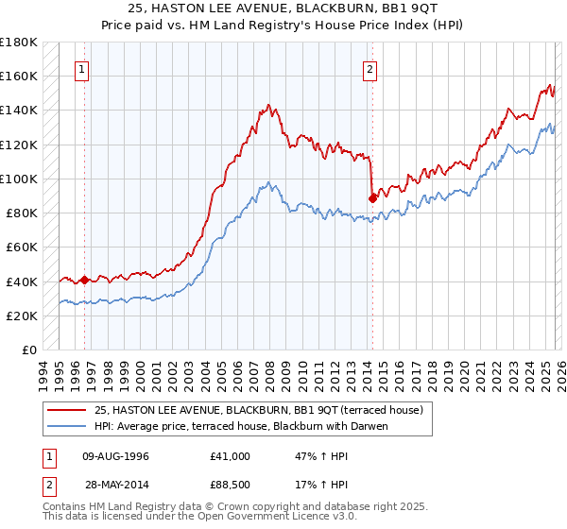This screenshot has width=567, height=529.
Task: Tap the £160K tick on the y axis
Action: [19, 76]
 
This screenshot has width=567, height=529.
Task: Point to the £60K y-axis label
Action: [21, 247]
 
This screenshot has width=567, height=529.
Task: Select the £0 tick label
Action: [29, 350]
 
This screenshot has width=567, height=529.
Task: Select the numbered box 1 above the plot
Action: [82, 69]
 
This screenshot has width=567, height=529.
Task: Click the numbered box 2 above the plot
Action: [369, 69]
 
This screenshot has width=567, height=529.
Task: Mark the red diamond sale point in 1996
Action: [84, 280]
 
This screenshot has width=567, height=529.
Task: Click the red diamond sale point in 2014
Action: [372, 197]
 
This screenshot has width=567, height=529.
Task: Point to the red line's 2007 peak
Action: [268, 105]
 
